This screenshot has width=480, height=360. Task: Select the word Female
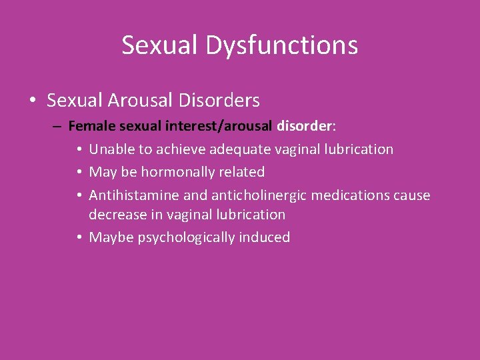(x=89, y=125)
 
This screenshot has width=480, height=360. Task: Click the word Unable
(x=111, y=149)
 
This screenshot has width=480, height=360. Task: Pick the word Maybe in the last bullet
(x=111, y=237)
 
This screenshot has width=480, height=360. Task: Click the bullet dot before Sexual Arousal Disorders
(x=33, y=101)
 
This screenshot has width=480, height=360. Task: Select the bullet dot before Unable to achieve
(x=79, y=150)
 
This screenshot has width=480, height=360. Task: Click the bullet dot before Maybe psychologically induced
(x=79, y=238)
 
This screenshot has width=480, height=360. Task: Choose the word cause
(x=413, y=195)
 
